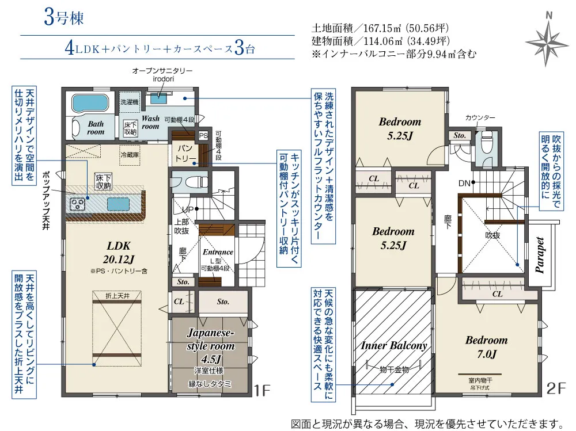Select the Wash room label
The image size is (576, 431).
tap(150, 122)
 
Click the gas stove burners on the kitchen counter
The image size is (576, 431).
tap(78, 204)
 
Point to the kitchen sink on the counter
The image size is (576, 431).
tap(118, 204)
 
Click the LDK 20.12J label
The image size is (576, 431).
tap(119, 253)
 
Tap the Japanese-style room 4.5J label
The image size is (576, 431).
tap(210, 345)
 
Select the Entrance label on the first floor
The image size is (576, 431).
tap(218, 252)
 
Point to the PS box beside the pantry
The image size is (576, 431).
tap(203, 135)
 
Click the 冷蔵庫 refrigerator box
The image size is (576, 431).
tap(130, 155)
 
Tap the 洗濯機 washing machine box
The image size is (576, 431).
tap(130, 102)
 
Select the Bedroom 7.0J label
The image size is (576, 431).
tap(487, 347)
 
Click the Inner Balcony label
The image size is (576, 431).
tap(394, 345)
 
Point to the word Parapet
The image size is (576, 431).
tap(539, 255)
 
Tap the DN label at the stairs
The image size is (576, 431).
tap(464, 183)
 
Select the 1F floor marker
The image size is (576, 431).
tap(262, 391)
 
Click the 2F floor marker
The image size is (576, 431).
tap(556, 388)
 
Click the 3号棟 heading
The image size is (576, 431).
tap(64, 17)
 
